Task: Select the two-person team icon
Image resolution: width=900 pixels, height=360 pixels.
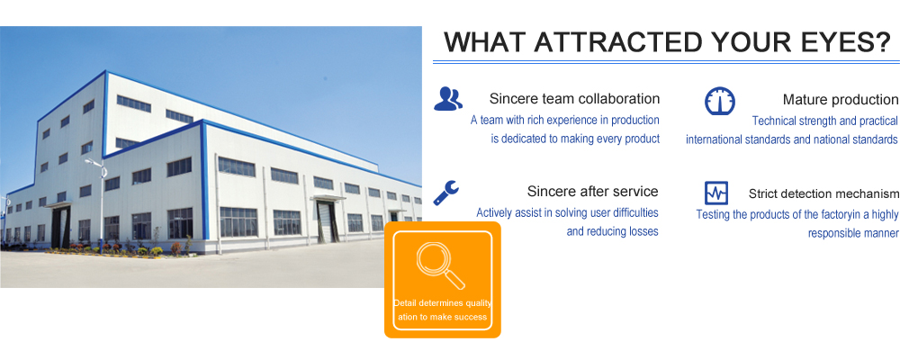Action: pyautogui.click(x=447, y=99)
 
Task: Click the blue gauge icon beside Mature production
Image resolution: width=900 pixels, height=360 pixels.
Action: pyautogui.click(x=720, y=101)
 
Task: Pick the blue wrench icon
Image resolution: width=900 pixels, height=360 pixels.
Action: pyautogui.click(x=446, y=193)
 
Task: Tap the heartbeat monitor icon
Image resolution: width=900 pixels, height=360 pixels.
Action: pyautogui.click(x=716, y=193)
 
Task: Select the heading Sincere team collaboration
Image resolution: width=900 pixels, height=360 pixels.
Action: pyautogui.click(x=574, y=99)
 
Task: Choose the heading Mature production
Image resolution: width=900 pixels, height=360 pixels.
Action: pyautogui.click(x=841, y=100)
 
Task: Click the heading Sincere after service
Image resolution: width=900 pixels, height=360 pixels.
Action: pyautogui.click(x=593, y=191)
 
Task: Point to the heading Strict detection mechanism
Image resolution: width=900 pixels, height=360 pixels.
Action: pyautogui.click(x=823, y=194)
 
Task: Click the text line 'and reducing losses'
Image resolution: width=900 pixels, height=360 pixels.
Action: pyautogui.click(x=612, y=232)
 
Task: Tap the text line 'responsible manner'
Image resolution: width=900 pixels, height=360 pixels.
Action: pyautogui.click(x=853, y=234)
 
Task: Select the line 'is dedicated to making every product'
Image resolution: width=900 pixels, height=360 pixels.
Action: pyautogui.click(x=575, y=139)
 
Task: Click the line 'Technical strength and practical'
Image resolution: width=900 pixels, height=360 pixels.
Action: pyautogui.click(x=824, y=121)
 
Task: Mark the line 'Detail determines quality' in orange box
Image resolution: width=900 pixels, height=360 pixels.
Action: pyautogui.click(x=443, y=303)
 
